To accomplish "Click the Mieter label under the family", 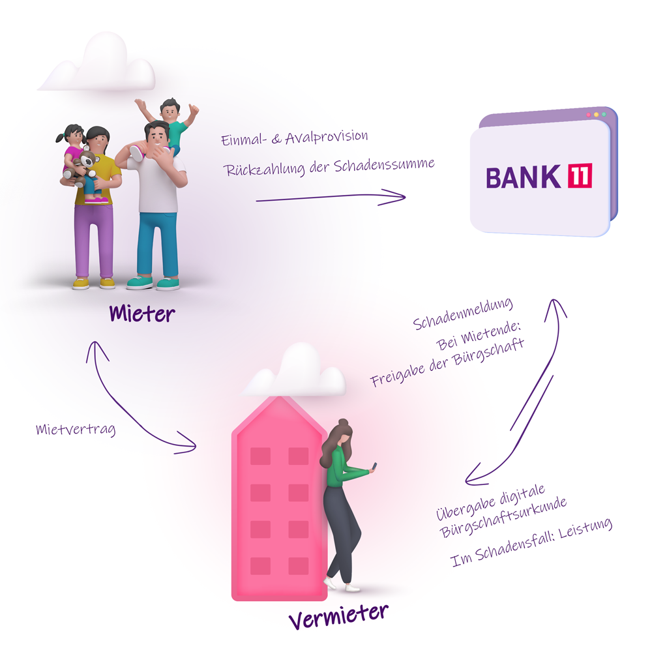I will [142, 314].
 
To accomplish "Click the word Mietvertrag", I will [76, 430].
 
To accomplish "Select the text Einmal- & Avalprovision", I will [295, 138].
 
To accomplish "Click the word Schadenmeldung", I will [463, 313].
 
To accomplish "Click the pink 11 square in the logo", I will [580, 176].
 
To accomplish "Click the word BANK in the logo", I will [523, 177].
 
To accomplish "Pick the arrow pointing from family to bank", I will [331, 197].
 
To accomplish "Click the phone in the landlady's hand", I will [373, 466].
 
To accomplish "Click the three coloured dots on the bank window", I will [596, 115].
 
